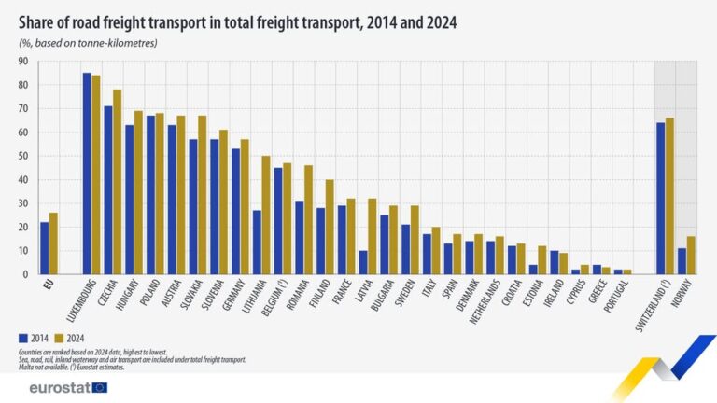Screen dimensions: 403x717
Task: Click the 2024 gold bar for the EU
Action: [x=54, y=243]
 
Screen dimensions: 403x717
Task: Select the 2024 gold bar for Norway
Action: [x=691, y=256]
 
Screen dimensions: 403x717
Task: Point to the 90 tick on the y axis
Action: [x=21, y=62]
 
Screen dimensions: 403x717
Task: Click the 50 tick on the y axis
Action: [x=21, y=156]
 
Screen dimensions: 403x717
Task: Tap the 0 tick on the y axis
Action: [x=24, y=274]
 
